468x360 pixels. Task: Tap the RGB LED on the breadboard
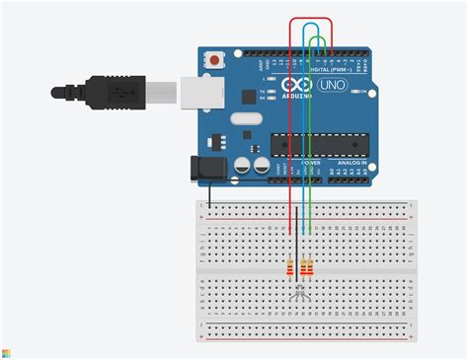tap(301, 291)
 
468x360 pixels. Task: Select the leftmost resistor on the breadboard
tap(288, 267)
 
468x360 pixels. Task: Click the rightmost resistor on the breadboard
tap(311, 267)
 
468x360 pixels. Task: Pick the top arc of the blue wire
tap(313, 24)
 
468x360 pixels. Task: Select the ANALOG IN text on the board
tap(351, 163)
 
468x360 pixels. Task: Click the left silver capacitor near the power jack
tap(240, 166)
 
